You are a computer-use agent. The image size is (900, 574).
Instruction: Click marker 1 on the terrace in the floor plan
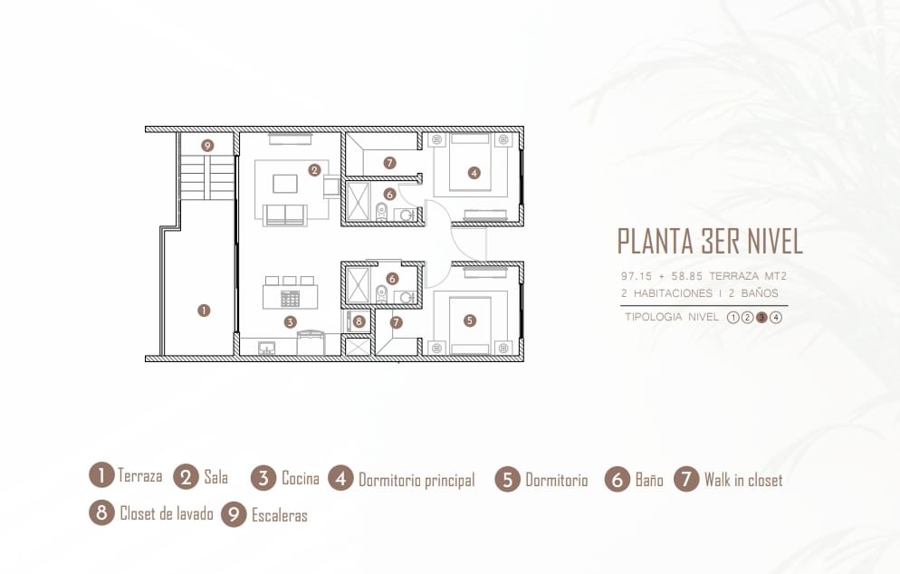(204, 311)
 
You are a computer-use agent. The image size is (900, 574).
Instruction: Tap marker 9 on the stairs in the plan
(207, 146)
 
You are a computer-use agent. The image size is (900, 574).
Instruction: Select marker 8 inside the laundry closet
(359, 321)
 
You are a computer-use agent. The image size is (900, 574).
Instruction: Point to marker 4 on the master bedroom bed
(474, 172)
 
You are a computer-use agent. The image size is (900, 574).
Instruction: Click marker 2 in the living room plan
(314, 170)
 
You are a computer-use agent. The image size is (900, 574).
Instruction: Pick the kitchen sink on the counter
(266, 348)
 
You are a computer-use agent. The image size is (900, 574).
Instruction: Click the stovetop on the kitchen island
(290, 299)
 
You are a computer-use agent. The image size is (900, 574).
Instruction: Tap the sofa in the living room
(284, 215)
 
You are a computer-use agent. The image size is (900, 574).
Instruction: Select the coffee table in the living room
(285, 184)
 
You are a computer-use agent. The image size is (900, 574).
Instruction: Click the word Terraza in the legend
(140, 475)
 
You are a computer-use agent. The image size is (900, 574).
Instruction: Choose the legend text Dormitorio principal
(416, 480)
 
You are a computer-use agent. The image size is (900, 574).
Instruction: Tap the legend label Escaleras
(280, 515)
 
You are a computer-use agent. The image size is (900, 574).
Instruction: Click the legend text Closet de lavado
(167, 513)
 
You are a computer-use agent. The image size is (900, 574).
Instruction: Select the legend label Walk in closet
(743, 480)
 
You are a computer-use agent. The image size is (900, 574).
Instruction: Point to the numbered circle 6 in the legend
(617, 479)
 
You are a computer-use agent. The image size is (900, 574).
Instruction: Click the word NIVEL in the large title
(774, 241)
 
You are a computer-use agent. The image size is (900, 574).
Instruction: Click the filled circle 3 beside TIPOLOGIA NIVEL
(761, 318)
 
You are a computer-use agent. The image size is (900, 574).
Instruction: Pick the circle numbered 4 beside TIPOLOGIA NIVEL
(776, 318)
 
